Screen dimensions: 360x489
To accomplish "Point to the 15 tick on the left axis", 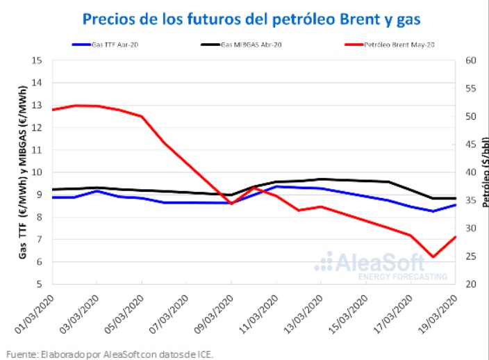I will [38, 60].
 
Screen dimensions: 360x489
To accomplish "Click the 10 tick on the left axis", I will [38, 172].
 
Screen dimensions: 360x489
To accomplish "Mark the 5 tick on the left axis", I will [40, 284].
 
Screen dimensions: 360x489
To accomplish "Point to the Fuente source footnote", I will [110, 354].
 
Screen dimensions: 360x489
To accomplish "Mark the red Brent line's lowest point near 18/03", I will [433, 256].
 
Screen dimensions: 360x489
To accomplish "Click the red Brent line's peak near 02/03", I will [75, 105].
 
